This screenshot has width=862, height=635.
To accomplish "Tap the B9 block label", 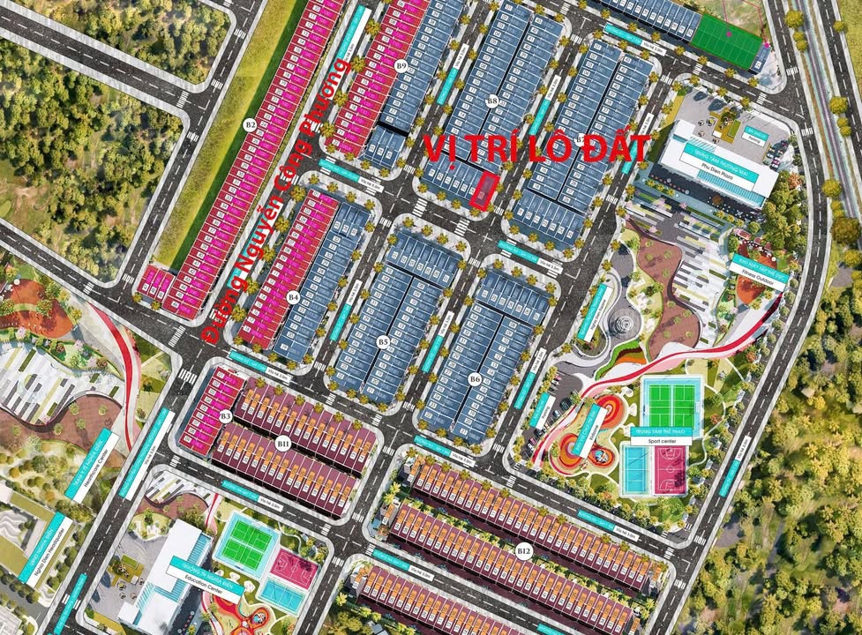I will coord(401,65).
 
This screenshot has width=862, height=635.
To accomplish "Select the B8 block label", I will coord(492,101).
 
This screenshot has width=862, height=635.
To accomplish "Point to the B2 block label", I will coord(251,125).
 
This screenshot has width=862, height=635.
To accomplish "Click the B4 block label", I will coord(293,297).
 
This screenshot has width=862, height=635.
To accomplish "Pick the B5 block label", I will coord(383,340).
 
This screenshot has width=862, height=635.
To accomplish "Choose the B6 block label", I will coord(475,378).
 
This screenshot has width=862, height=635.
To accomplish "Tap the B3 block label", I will coord(226,415).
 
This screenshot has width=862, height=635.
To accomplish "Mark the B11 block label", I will coord(283,441).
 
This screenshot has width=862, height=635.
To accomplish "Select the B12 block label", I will coord(524,551).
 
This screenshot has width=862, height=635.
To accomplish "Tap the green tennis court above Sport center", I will coord(671,403).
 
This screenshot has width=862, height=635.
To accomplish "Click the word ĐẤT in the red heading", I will coord(609,147).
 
